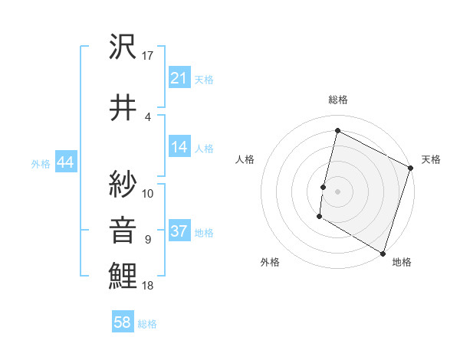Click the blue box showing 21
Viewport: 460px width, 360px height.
coord(179,78)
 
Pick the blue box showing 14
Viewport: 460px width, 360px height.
coord(179,147)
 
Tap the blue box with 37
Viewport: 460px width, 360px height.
coord(179,231)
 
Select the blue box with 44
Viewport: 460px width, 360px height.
coord(64,162)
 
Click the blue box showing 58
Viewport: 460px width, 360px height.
coord(123,322)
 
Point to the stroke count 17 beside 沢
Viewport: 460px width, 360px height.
coord(148,57)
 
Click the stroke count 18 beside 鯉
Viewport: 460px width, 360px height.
coord(148,286)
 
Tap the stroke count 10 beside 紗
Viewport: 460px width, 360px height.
coord(148,193)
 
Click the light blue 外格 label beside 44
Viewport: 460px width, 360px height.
coord(41,163)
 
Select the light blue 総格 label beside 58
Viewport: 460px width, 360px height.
coord(147,324)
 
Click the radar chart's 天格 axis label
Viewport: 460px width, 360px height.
coord(431,159)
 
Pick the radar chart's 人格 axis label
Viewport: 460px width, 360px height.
coord(245,159)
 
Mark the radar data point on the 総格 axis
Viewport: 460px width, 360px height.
coord(337,131)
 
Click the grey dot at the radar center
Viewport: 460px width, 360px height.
coord(337,191)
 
